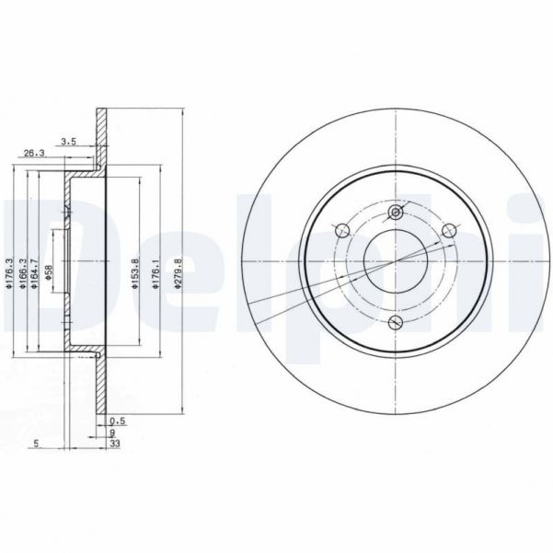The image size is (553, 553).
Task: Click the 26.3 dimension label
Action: pyautogui.click(x=33, y=154)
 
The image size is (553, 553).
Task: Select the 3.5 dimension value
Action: pyautogui.click(x=68, y=141)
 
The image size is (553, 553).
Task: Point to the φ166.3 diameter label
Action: pyautogui.click(x=22, y=274)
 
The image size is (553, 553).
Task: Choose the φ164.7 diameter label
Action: pyautogui.click(x=34, y=274)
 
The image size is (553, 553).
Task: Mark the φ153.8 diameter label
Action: pyautogui.click(x=134, y=274)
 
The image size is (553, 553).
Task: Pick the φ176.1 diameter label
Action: pyautogui.click(x=158, y=274)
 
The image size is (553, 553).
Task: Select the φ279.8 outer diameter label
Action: pyautogui.click(x=179, y=274)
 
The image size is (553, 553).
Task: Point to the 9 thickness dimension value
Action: pyautogui.click(x=112, y=433)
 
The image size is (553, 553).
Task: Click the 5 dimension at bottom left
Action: pyautogui.click(x=35, y=444)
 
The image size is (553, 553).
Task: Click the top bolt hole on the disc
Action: pyautogui.click(x=397, y=213)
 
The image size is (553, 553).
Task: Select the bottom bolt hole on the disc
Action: pyautogui.click(x=397, y=322)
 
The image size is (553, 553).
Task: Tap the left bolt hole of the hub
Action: pyautogui.click(x=342, y=230)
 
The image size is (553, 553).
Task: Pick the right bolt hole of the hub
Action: pyautogui.click(x=450, y=230)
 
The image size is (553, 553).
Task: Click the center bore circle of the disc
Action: pyautogui.click(x=397, y=260)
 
